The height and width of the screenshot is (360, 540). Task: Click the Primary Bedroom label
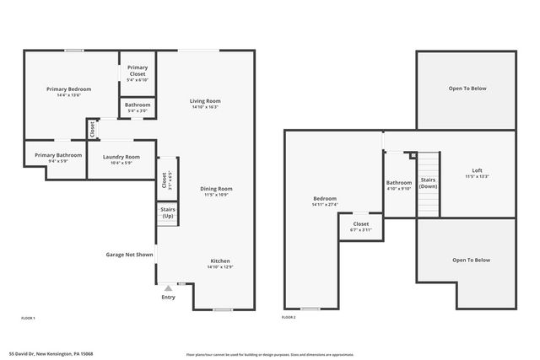(69, 89)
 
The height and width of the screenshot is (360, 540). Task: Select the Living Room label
(205, 100)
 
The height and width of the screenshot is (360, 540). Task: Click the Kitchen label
(219, 261)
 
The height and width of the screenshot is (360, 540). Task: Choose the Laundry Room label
(121, 157)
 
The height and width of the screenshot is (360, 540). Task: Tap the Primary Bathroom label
(58, 155)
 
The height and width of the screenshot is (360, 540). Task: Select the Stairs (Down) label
(428, 182)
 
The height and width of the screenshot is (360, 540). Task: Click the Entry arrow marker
(168, 288)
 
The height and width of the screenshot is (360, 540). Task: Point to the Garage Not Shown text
(129, 254)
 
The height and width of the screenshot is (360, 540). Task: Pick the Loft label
(477, 171)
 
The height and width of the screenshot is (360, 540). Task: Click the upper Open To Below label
(467, 88)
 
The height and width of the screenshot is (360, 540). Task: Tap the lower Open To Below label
(470, 260)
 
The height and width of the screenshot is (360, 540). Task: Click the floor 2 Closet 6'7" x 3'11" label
(360, 224)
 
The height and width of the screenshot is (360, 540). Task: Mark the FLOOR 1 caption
(28, 317)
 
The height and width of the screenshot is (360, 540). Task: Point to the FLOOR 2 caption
(289, 317)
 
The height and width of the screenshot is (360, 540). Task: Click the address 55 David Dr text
(51, 354)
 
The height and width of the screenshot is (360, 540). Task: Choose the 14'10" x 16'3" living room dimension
(205, 107)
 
